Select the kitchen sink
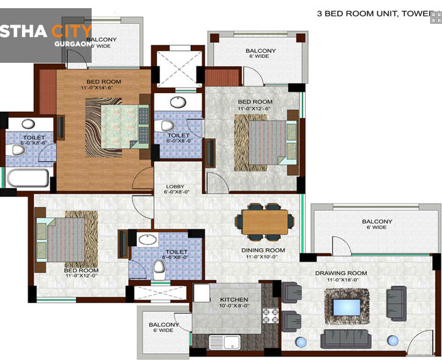point(229,343)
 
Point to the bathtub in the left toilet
point(27,178)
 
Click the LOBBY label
point(175,187)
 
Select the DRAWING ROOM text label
point(341,273)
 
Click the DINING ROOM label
point(263,250)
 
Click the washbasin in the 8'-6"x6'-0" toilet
point(148,239)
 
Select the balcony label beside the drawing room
point(377,221)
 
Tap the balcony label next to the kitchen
point(164,325)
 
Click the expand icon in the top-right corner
point(435,18)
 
